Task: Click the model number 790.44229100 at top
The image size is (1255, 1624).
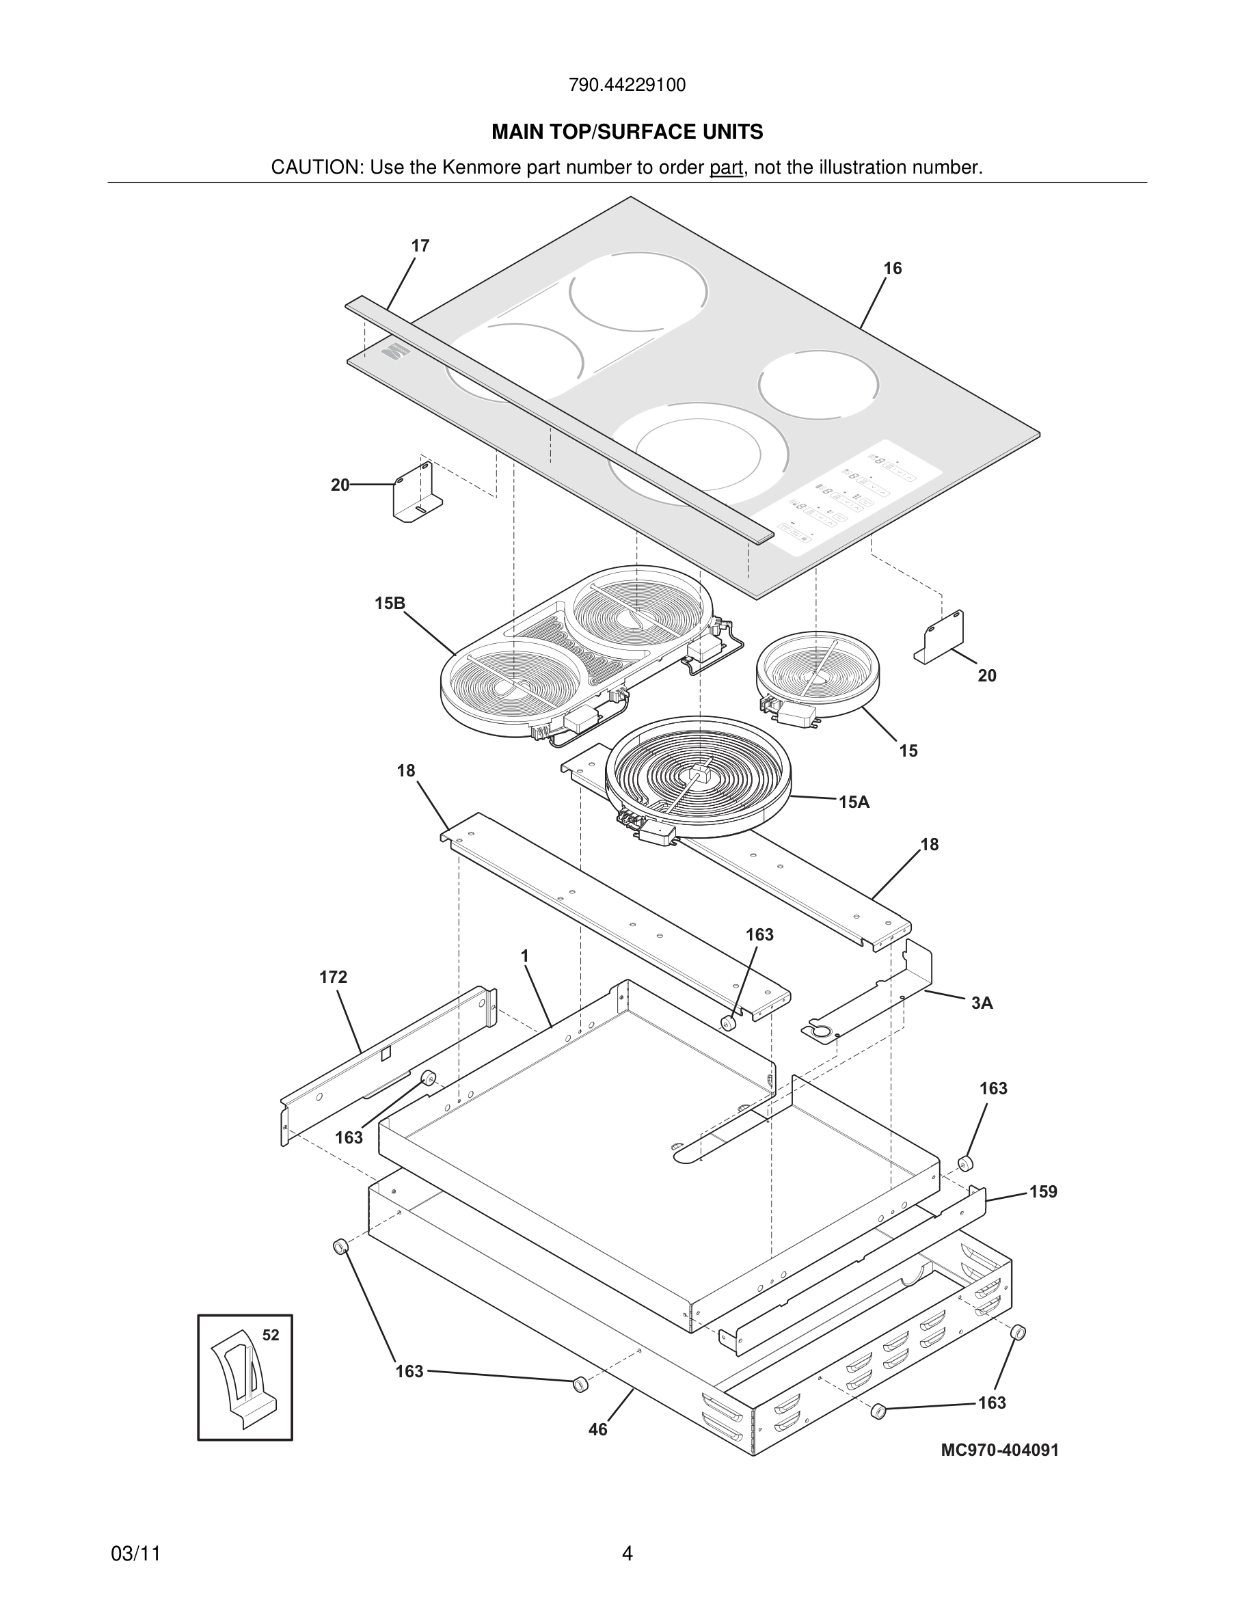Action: [x=627, y=85]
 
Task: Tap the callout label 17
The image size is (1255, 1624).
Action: [x=420, y=246]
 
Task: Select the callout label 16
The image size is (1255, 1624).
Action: [x=892, y=269]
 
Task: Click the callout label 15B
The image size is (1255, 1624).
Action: [x=390, y=603]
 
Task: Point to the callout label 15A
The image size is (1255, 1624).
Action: [x=854, y=802]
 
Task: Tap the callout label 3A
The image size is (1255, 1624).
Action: [x=982, y=1003]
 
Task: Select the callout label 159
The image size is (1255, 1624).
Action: [x=1042, y=1192]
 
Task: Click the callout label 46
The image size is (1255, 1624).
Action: [x=597, y=1429]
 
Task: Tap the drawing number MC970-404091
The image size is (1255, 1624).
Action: [x=999, y=1450]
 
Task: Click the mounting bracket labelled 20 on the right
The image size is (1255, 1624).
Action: [x=941, y=638]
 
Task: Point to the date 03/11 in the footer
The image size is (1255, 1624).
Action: [x=135, y=1554]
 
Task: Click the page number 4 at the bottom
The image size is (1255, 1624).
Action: [x=627, y=1554]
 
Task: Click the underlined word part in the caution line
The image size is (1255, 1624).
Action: [x=726, y=167]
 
